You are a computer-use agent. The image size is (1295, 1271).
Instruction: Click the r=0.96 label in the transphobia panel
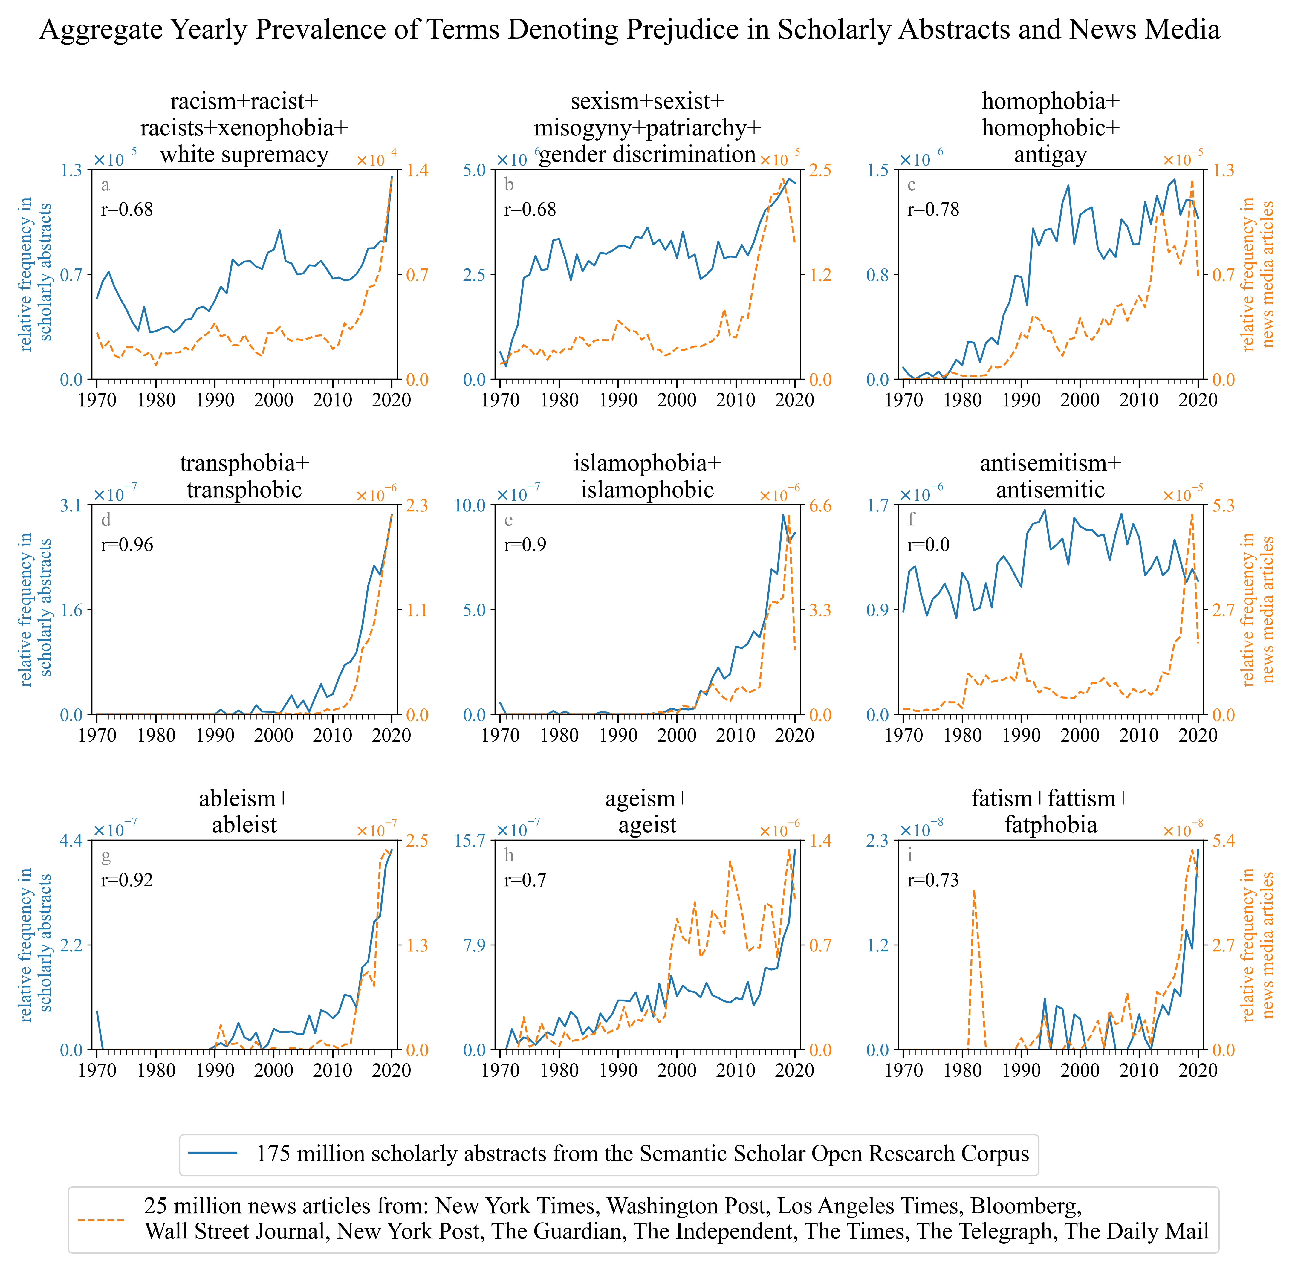pyautogui.click(x=127, y=545)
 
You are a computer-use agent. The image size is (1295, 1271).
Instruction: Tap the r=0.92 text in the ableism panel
pyautogui.click(x=127, y=880)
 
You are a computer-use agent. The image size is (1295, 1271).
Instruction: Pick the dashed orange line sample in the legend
pyautogui.click(x=101, y=1219)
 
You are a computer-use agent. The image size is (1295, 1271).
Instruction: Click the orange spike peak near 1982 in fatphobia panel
pyautogui.click(x=974, y=890)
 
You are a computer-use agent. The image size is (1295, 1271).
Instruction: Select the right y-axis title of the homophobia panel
pyautogui.click(x=1258, y=274)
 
